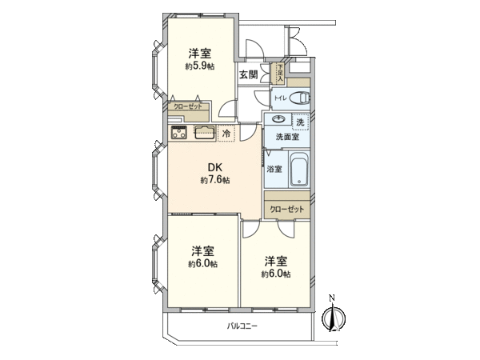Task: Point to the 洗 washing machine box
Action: (x=300, y=122)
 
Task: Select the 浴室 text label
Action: (x=274, y=169)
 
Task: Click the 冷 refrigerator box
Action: (x=227, y=134)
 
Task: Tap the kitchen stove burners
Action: (x=178, y=134)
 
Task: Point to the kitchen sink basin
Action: (x=204, y=133)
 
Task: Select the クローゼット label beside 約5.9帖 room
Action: (x=188, y=106)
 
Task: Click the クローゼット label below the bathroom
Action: (x=286, y=209)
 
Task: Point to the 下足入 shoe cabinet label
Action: (x=280, y=74)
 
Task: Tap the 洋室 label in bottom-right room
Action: (x=275, y=260)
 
